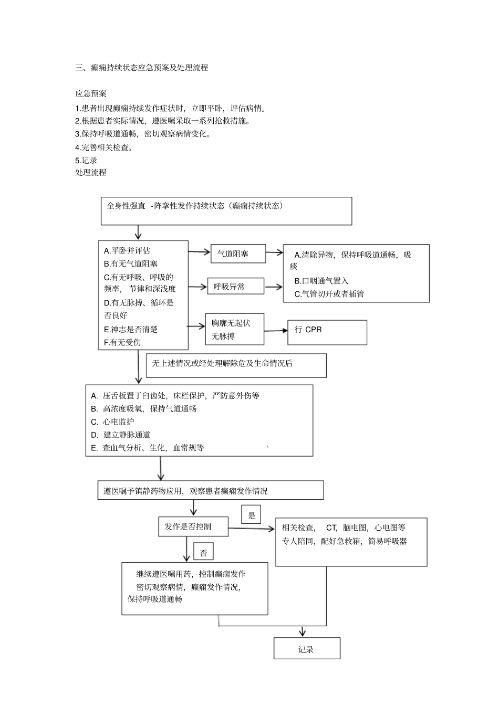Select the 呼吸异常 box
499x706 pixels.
pyautogui.click(x=234, y=287)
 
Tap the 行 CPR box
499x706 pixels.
pyautogui.click(x=327, y=332)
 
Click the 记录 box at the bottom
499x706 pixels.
pyautogui.click(x=307, y=649)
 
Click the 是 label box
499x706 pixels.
pyautogui.click(x=252, y=515)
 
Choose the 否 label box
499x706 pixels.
pyautogui.click(x=203, y=553)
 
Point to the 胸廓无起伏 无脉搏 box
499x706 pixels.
pyautogui.click(x=234, y=330)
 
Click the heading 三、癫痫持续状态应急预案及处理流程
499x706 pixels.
pyautogui.click(x=142, y=68)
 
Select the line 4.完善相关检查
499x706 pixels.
pyautogui.click(x=104, y=147)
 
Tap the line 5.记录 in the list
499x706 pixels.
pyautogui.click(x=86, y=160)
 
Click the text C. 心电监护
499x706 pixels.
pyautogui.click(x=112, y=422)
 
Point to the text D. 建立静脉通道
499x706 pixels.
pyautogui.click(x=120, y=435)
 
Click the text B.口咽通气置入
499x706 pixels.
pyautogui.click(x=321, y=281)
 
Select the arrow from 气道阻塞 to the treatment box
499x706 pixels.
pyautogui.click(x=274, y=252)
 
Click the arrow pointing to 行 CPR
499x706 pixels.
pyautogui.click(x=276, y=331)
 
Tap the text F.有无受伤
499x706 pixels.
pyautogui.click(x=122, y=342)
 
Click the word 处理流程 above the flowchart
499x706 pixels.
pyautogui.click(x=91, y=172)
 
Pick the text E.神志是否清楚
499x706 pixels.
pyautogui.click(x=131, y=329)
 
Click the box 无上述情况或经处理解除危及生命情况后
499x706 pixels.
pyautogui.click(x=236, y=365)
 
